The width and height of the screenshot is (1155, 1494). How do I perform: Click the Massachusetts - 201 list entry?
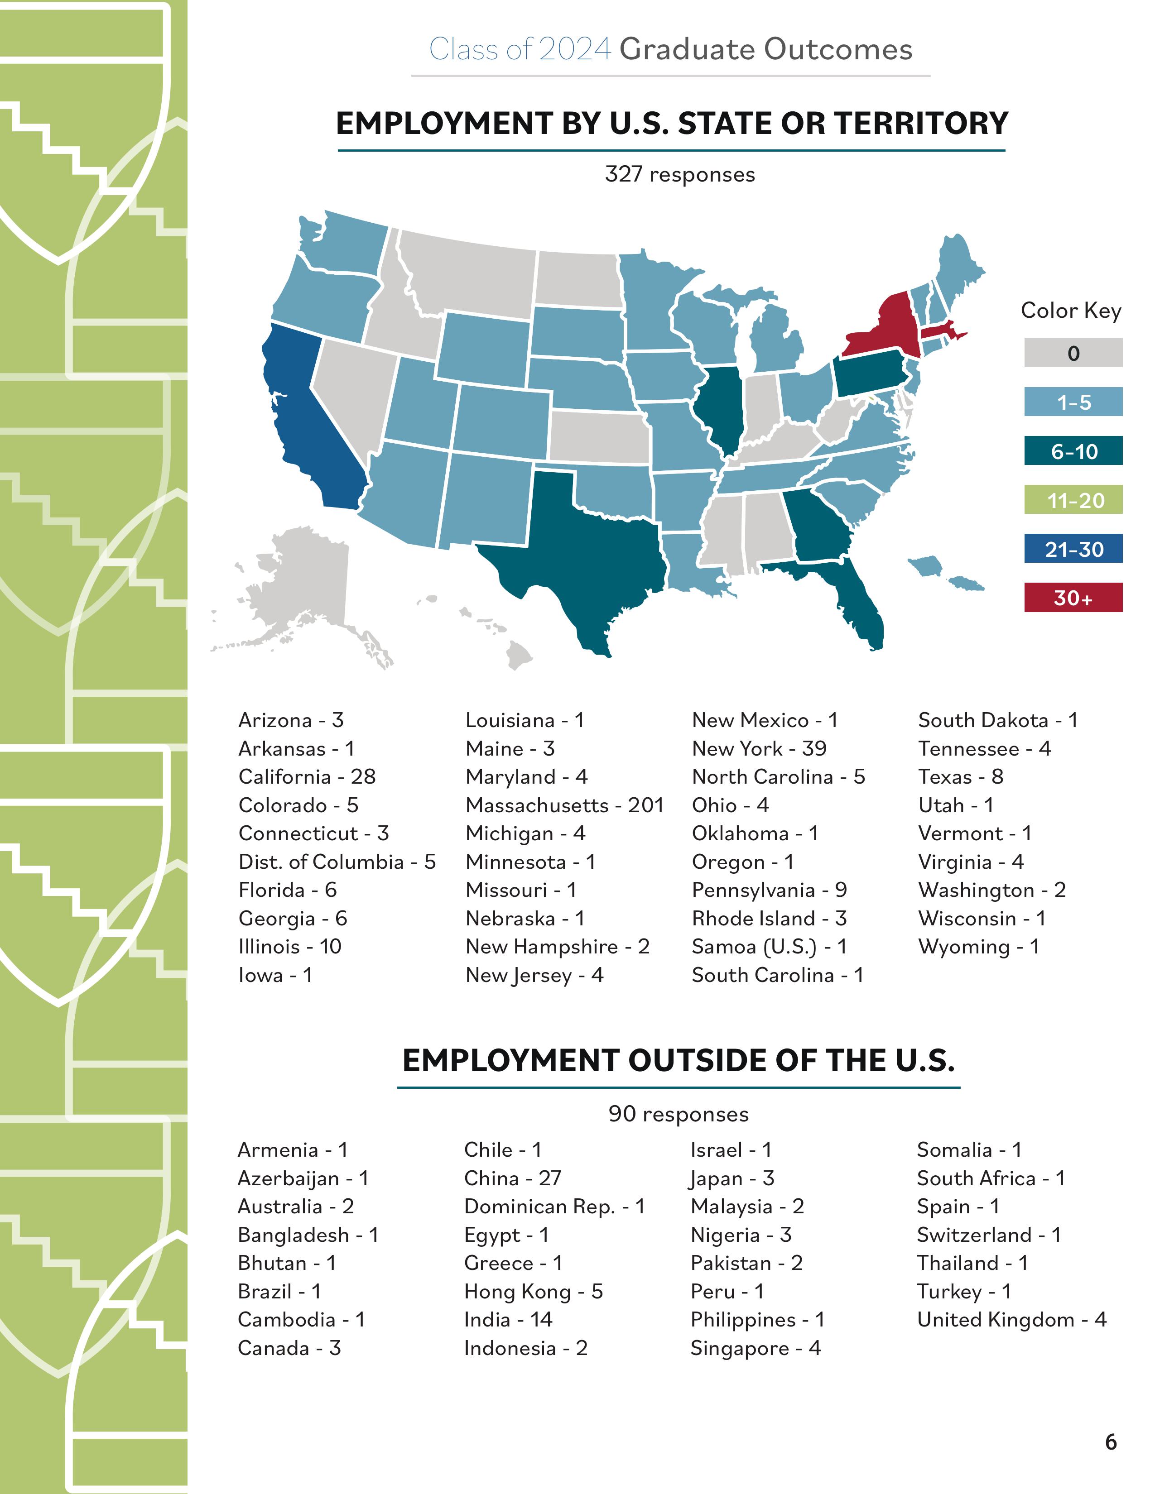pyautogui.click(x=564, y=805)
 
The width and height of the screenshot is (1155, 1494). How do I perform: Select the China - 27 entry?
pyautogui.click(x=512, y=1178)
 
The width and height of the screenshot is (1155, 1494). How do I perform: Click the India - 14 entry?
pyautogui.click(x=508, y=1320)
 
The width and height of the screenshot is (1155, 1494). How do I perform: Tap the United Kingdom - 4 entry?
pyautogui.click(x=1011, y=1320)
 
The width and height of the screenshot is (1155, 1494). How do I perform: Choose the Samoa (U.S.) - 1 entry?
pyautogui.click(x=769, y=947)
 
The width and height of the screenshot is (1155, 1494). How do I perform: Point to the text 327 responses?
pyautogui.click(x=679, y=174)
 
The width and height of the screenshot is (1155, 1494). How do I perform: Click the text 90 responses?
pyautogui.click(x=678, y=1114)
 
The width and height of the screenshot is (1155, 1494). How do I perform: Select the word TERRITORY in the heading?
pyautogui.click(x=921, y=124)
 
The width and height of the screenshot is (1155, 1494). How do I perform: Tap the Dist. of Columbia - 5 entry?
pyautogui.click(x=337, y=862)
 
